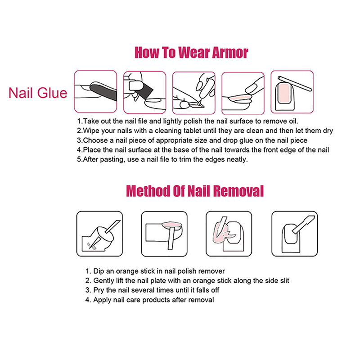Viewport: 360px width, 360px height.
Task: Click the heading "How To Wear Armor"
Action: [x=191, y=53]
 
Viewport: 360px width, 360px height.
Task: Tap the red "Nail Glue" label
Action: [x=38, y=93]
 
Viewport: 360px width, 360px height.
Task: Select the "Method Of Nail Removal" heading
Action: [x=195, y=191]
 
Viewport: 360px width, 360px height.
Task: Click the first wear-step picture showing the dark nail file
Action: [x=95, y=91]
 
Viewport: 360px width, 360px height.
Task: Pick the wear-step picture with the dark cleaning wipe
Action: [x=144, y=92]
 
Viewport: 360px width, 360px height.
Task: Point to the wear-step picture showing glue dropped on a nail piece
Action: [x=194, y=93]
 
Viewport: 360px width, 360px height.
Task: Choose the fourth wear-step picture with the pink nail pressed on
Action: [x=243, y=93]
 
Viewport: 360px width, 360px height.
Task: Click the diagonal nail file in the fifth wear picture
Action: [x=295, y=84]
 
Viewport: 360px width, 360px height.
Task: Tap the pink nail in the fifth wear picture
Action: [x=284, y=94]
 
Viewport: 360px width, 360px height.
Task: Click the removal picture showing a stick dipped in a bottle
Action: [x=99, y=234]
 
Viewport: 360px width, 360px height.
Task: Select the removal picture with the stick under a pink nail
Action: [x=164, y=234]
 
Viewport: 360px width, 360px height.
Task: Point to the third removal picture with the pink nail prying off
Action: [x=229, y=234]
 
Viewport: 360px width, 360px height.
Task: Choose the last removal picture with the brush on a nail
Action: [x=295, y=234]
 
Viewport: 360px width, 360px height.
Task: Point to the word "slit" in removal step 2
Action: [x=285, y=280]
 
